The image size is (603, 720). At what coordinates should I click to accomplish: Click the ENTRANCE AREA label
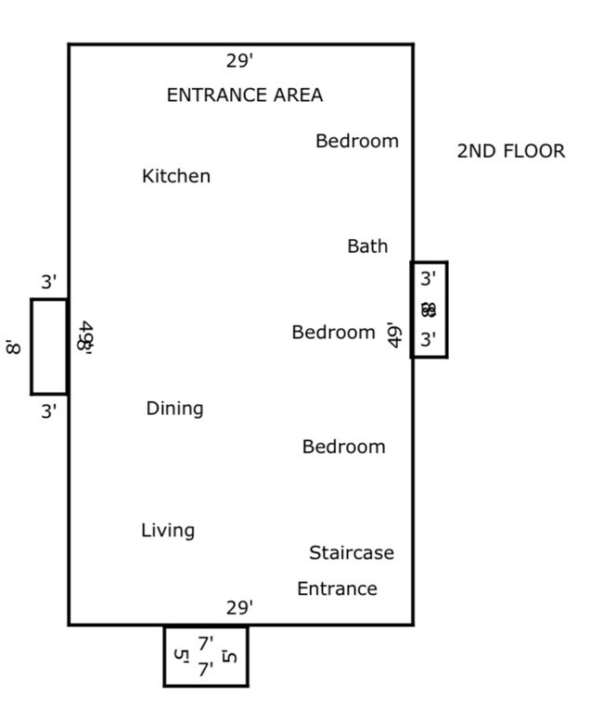[245, 95]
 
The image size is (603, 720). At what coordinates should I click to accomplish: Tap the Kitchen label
[176, 176]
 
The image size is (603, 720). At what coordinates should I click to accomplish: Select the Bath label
[367, 246]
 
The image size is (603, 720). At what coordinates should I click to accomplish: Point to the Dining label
[174, 409]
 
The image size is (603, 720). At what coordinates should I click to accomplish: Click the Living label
[168, 531]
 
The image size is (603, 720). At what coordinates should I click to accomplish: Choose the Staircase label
[352, 553]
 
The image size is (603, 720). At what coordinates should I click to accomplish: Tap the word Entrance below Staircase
[337, 589]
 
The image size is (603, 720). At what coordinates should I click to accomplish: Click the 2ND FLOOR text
[510, 151]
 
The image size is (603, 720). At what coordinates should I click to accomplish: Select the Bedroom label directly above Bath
[357, 141]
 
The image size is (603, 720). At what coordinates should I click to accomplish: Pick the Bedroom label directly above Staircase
[343, 447]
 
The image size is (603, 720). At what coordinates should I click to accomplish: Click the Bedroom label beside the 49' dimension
[333, 333]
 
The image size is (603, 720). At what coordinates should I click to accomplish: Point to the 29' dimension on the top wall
[239, 61]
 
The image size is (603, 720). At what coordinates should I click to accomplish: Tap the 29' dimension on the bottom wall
[239, 608]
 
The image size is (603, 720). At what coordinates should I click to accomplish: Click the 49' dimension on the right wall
[394, 335]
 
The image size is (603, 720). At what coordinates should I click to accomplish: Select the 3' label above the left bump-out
[49, 283]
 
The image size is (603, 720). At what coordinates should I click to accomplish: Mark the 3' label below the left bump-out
[49, 411]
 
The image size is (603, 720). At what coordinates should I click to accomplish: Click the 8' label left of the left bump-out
[13, 347]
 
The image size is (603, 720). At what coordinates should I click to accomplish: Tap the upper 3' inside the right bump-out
[428, 278]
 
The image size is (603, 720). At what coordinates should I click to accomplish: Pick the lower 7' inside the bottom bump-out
[205, 669]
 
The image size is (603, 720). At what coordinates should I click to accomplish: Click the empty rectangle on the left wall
[49, 347]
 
